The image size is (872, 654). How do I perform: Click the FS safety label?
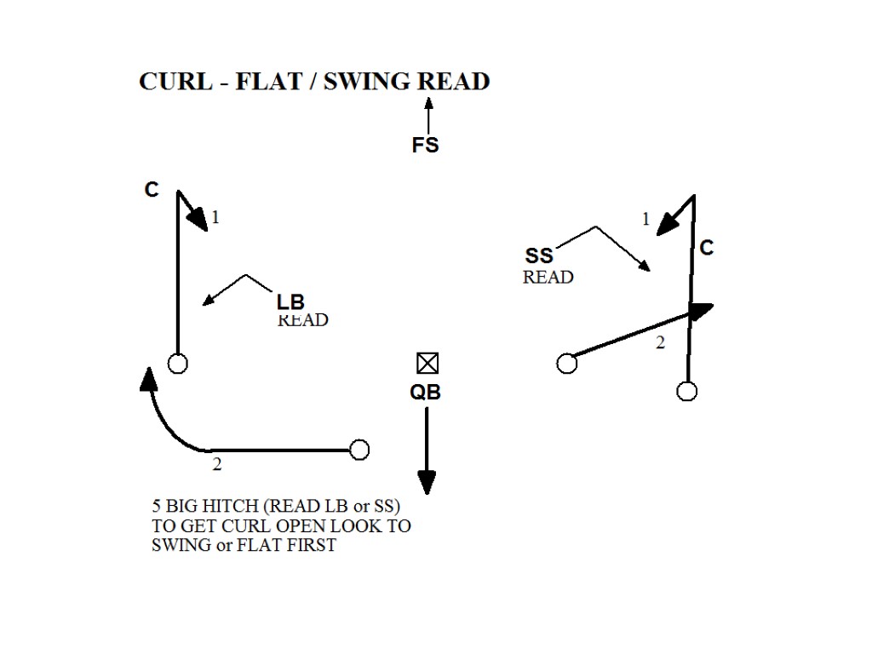(x=425, y=146)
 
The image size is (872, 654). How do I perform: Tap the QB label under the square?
(x=425, y=393)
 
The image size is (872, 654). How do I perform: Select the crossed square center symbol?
(x=427, y=364)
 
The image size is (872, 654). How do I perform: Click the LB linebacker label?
(x=290, y=301)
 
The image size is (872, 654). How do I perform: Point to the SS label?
(x=539, y=255)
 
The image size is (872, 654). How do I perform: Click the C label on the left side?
(x=152, y=190)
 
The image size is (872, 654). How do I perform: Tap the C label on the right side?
(x=706, y=248)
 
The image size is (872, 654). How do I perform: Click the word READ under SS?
(x=548, y=277)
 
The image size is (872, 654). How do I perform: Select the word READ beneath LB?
(x=302, y=320)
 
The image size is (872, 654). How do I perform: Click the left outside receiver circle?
(x=177, y=364)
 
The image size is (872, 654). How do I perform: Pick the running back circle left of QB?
(x=359, y=450)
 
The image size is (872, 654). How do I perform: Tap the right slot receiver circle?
(x=566, y=364)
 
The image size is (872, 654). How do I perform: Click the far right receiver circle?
(x=686, y=391)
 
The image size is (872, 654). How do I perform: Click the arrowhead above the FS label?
(x=428, y=103)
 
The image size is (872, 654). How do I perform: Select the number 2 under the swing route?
(x=217, y=465)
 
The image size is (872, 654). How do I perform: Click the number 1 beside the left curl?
(x=215, y=217)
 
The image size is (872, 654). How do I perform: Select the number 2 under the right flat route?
(x=660, y=343)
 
